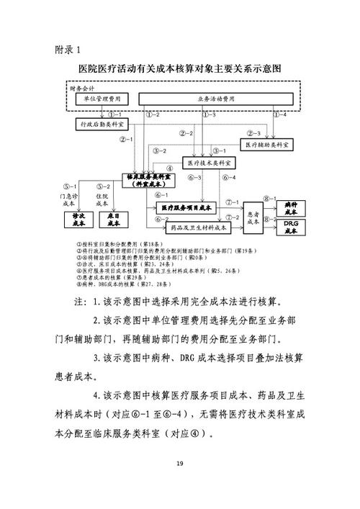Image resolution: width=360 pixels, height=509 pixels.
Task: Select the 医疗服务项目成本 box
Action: pos(186,207)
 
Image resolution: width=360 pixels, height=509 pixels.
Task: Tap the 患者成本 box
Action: pos(253,217)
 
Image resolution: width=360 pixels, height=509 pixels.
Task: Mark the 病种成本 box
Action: pos(291,207)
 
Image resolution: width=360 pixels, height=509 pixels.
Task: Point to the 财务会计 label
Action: pos(84,87)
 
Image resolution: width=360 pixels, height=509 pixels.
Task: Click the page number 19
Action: pos(179,464)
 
